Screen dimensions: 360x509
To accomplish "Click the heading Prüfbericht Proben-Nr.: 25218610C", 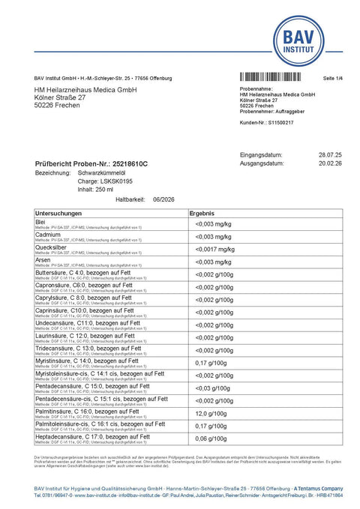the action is click(91, 163).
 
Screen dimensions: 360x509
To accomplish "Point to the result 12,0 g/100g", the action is click(211, 414).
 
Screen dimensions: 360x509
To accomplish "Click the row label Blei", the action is click(42, 222).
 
